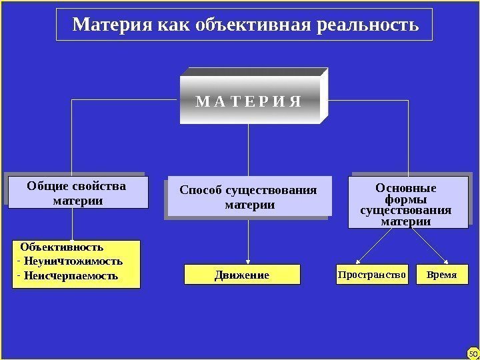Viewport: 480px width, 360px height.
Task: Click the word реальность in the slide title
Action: point(369,25)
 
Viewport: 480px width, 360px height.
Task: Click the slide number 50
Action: point(473,353)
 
